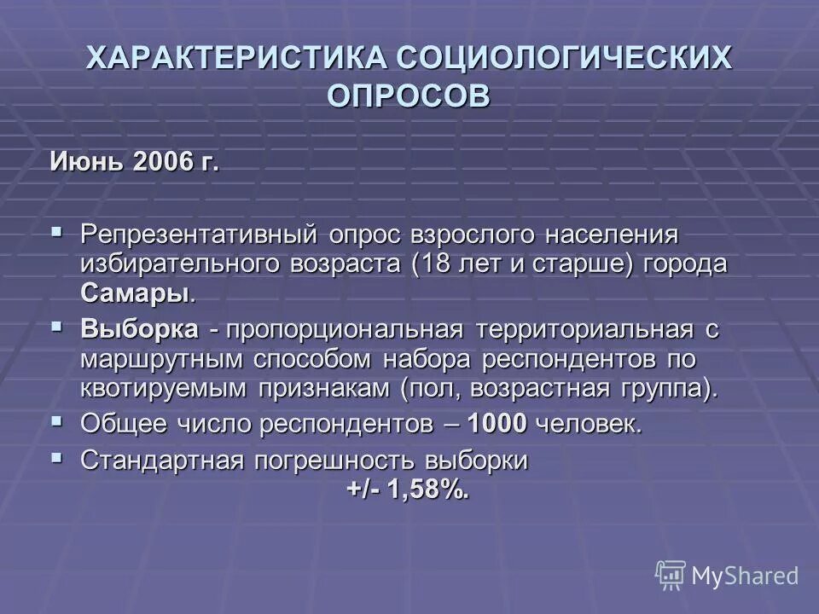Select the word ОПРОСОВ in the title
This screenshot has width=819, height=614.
(409, 95)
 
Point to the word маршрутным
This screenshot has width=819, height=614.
(162, 360)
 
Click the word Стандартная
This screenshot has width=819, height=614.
(161, 460)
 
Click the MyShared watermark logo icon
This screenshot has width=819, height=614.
(671, 576)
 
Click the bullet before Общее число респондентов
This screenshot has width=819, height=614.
(57, 420)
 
